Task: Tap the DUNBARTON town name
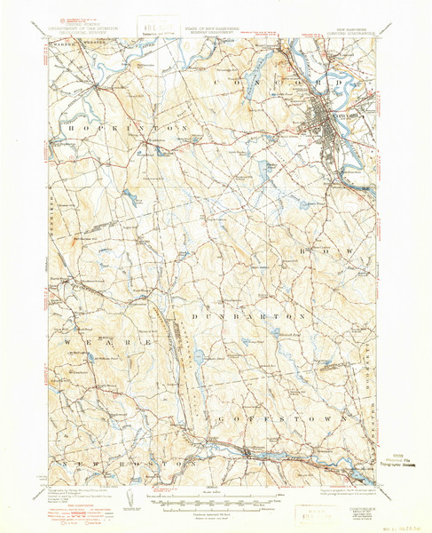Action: (x=250, y=315)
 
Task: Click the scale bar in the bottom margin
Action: (x=216, y=500)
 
